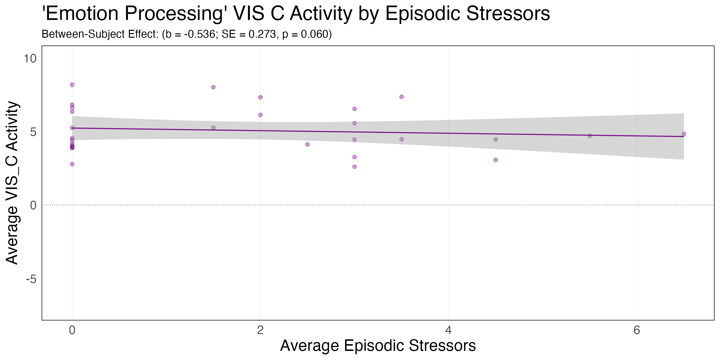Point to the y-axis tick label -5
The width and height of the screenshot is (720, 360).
tap(31, 279)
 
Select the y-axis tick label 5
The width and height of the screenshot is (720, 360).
tap(33, 132)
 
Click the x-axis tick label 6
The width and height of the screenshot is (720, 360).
tap(637, 330)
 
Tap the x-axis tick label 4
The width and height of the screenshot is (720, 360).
tap(448, 330)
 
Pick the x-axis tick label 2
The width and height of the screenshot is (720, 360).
tap(260, 330)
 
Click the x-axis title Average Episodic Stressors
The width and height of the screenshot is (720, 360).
tap(378, 346)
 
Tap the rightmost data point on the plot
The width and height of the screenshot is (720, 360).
tap(684, 134)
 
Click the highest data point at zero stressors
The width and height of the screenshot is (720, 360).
tap(72, 85)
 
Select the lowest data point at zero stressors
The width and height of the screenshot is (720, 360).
tap(72, 164)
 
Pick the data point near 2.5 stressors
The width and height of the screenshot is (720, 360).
tap(307, 144)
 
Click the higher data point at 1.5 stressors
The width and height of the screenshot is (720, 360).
tap(213, 87)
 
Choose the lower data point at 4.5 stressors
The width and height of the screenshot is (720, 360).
tap(496, 160)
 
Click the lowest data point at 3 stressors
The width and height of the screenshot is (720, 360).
tap(354, 167)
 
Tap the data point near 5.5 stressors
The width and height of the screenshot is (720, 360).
tap(590, 136)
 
